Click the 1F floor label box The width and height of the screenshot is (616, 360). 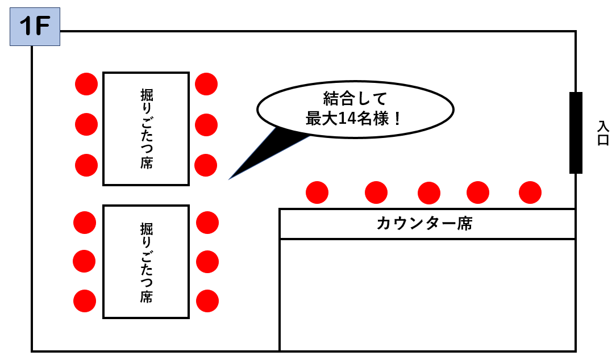coord(35,28)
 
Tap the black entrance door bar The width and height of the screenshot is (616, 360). coord(576,132)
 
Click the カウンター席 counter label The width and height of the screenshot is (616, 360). coord(424,224)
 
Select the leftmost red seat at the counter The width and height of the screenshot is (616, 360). coord(317,193)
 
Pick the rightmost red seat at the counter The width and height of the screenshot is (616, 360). coord(530,192)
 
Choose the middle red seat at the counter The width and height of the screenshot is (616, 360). coord(429,193)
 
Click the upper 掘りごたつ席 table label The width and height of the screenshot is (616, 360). coord(146,128)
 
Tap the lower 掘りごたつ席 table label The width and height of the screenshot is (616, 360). coord(146,262)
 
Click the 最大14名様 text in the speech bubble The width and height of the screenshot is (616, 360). coord(355,119)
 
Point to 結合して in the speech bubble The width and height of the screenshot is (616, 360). coord(355,99)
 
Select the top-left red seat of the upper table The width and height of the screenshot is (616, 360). coord(86,84)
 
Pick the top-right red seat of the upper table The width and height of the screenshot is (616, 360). coord(206,84)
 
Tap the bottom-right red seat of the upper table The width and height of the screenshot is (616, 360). coord(206,165)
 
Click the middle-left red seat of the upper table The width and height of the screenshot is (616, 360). coord(86,124)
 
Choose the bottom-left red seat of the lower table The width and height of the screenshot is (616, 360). coord(85,300)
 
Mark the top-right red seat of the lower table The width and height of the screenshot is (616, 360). coord(207,222)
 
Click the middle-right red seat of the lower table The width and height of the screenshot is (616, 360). coord(207,261)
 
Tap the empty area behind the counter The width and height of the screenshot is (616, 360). coord(427,294)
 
